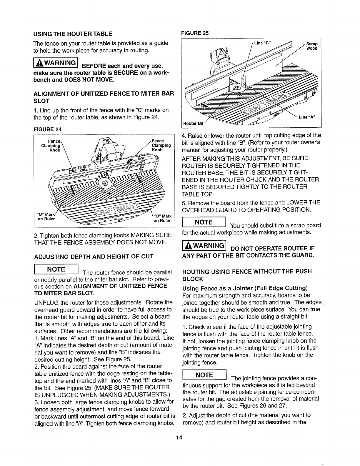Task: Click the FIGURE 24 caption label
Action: [46, 128]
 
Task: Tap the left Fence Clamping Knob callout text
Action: [53, 145]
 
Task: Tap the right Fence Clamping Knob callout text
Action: [161, 145]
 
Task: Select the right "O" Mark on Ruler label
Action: [162, 218]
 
